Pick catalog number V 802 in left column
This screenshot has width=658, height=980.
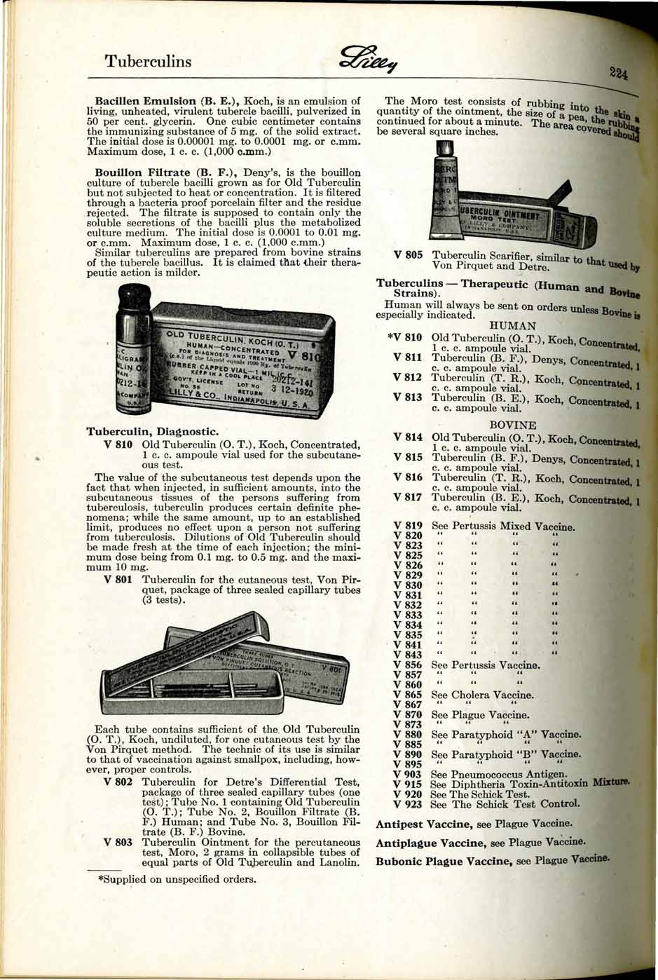point(118,782)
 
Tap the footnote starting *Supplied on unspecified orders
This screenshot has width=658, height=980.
point(176,879)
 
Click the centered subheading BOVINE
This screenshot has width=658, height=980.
point(513,426)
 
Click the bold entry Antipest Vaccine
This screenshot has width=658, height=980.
point(430,824)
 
